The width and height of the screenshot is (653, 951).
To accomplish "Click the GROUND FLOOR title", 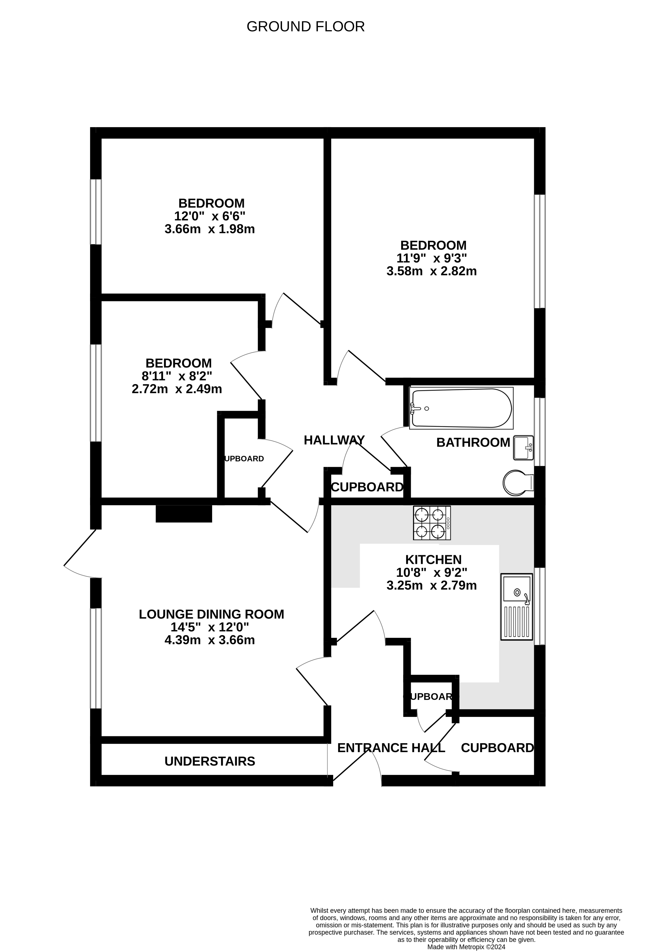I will (306, 27).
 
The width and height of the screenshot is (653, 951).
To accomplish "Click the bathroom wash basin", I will (523, 448).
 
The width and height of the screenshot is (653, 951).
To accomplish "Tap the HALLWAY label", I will (334, 440).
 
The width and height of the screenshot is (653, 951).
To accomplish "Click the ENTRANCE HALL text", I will (391, 748).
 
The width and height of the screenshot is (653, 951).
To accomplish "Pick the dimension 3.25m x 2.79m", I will (432, 586).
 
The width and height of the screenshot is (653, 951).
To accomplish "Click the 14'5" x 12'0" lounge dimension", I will (210, 627).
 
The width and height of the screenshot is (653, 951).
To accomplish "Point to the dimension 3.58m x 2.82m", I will (432, 271).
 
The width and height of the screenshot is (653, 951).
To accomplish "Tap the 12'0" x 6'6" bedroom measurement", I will (210, 216).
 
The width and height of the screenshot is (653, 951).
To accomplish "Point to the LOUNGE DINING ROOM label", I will (211, 614).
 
